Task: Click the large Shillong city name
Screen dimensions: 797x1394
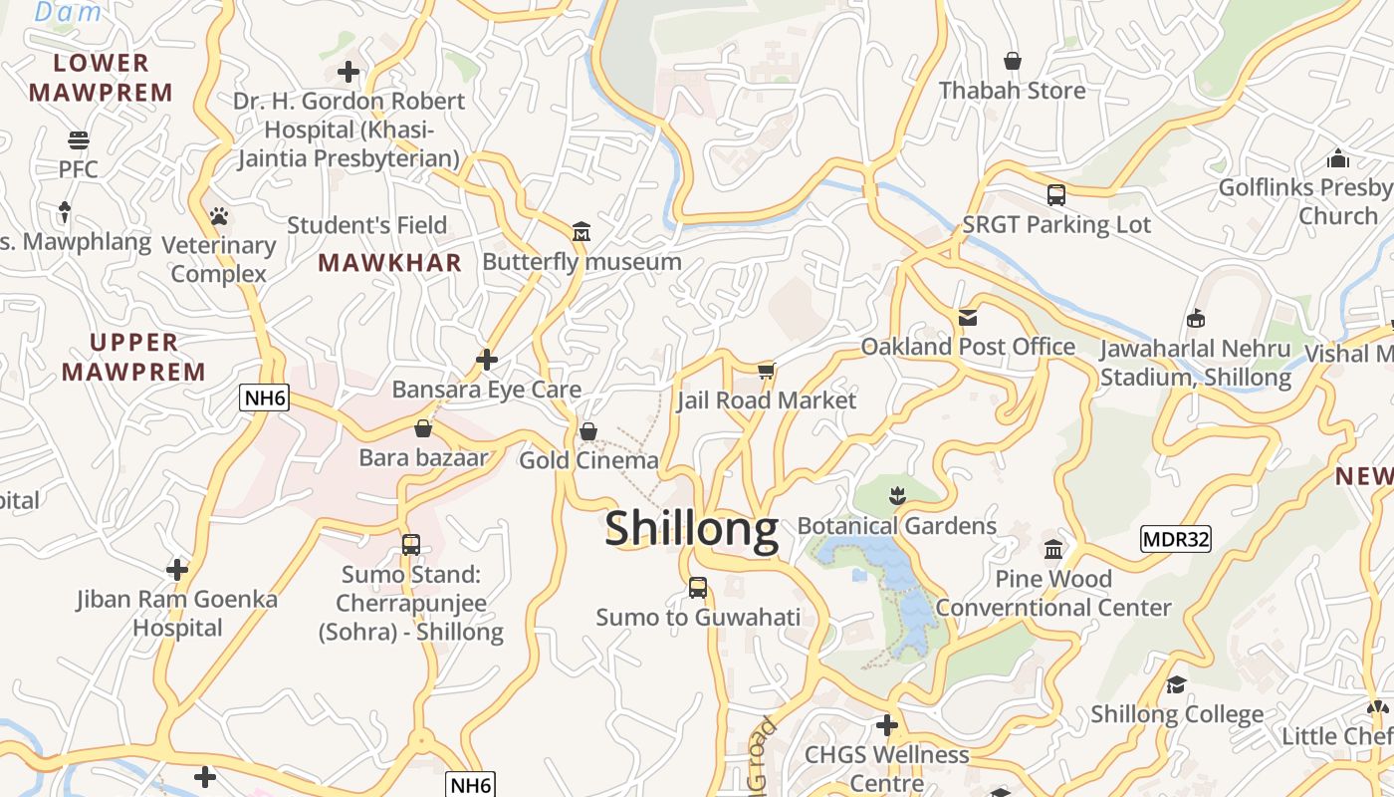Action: point(691,528)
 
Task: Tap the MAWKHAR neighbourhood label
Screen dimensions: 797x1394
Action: point(389,263)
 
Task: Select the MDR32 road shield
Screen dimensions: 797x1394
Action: point(1175,539)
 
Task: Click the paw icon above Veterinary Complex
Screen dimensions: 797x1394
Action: point(219,215)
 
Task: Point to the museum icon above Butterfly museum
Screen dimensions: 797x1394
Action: point(581,232)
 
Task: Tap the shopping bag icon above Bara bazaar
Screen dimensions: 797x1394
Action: point(423,428)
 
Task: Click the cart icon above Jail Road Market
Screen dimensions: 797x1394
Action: point(766,371)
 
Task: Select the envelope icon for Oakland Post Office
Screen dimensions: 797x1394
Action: point(967,318)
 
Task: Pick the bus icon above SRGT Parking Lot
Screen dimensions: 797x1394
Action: point(1056,195)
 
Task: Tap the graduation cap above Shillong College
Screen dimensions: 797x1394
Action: point(1176,684)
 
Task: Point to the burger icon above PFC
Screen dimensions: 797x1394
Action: point(78,139)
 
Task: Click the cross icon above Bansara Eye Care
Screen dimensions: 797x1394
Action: point(487,359)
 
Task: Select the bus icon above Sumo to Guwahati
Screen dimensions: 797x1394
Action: point(698,588)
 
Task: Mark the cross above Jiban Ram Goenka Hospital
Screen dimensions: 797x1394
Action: point(177,570)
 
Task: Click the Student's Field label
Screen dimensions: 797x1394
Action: point(366,225)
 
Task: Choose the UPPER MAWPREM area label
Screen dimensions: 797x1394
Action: point(133,357)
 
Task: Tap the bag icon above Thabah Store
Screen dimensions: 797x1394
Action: point(1013,62)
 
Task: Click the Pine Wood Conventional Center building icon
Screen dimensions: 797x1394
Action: point(1053,549)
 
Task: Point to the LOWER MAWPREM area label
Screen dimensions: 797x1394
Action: point(101,78)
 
